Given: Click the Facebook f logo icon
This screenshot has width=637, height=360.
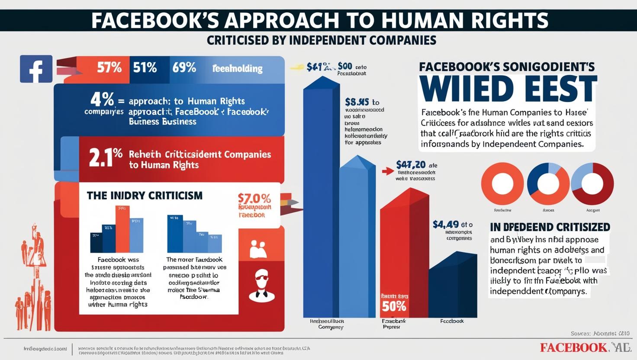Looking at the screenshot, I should pos(36,69).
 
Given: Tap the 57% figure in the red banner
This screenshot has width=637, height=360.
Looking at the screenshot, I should pos(109,68).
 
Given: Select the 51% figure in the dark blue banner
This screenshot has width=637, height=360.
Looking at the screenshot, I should pos(145,68).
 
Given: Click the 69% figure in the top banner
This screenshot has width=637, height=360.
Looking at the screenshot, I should pos(184,68).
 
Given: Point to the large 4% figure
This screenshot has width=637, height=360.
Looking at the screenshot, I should pos(102,100).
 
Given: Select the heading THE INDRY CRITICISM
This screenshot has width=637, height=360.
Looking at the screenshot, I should pos(145,196).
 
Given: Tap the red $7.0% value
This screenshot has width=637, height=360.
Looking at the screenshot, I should pos(254,199).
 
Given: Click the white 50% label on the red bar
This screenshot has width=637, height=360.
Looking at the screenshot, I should pos(394,306).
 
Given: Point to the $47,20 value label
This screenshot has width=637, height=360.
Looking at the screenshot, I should pos(411,165).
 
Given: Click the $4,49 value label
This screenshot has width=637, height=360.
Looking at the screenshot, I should pos(446,225).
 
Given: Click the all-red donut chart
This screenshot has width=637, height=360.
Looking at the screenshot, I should pos(502,183).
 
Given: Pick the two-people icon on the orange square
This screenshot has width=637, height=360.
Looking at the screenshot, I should pos(258,250).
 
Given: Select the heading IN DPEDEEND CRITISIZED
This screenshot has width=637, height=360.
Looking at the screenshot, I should pos(550,227).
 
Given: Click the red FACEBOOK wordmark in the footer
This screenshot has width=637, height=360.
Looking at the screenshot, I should pos(573,347).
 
